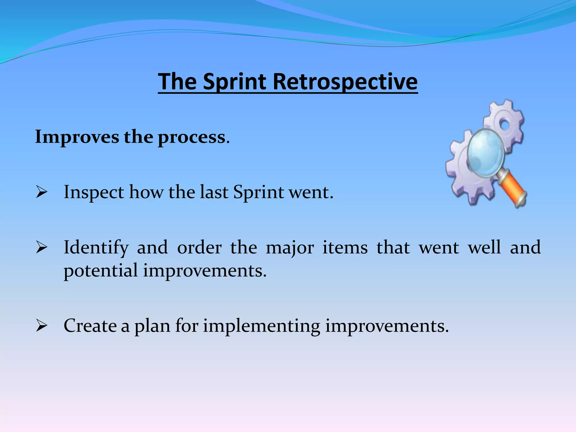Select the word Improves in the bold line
coord(77,137)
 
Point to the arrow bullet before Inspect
coord(41,192)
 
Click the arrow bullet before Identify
coord(41,247)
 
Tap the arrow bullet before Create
coord(41,326)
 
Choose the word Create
coord(90,326)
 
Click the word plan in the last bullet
coord(152,327)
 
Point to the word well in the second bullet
coord(484,247)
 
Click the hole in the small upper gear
coord(505,125)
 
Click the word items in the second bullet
coord(345,247)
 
